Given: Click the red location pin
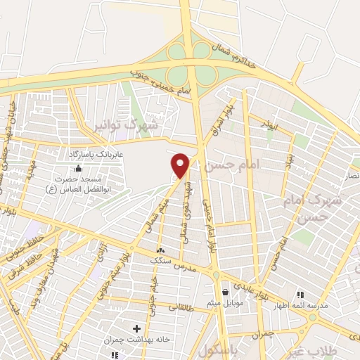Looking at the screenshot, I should tap(181, 165).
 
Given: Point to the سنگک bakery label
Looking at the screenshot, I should tap(161, 260).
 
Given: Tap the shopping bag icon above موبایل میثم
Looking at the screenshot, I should tap(224, 292).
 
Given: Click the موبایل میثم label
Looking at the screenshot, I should tap(225, 303).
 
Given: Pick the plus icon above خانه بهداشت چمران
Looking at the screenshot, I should tap(136, 328).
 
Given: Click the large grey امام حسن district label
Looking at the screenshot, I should tap(232, 165).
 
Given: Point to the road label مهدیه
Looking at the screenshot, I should tap(30, 169).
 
